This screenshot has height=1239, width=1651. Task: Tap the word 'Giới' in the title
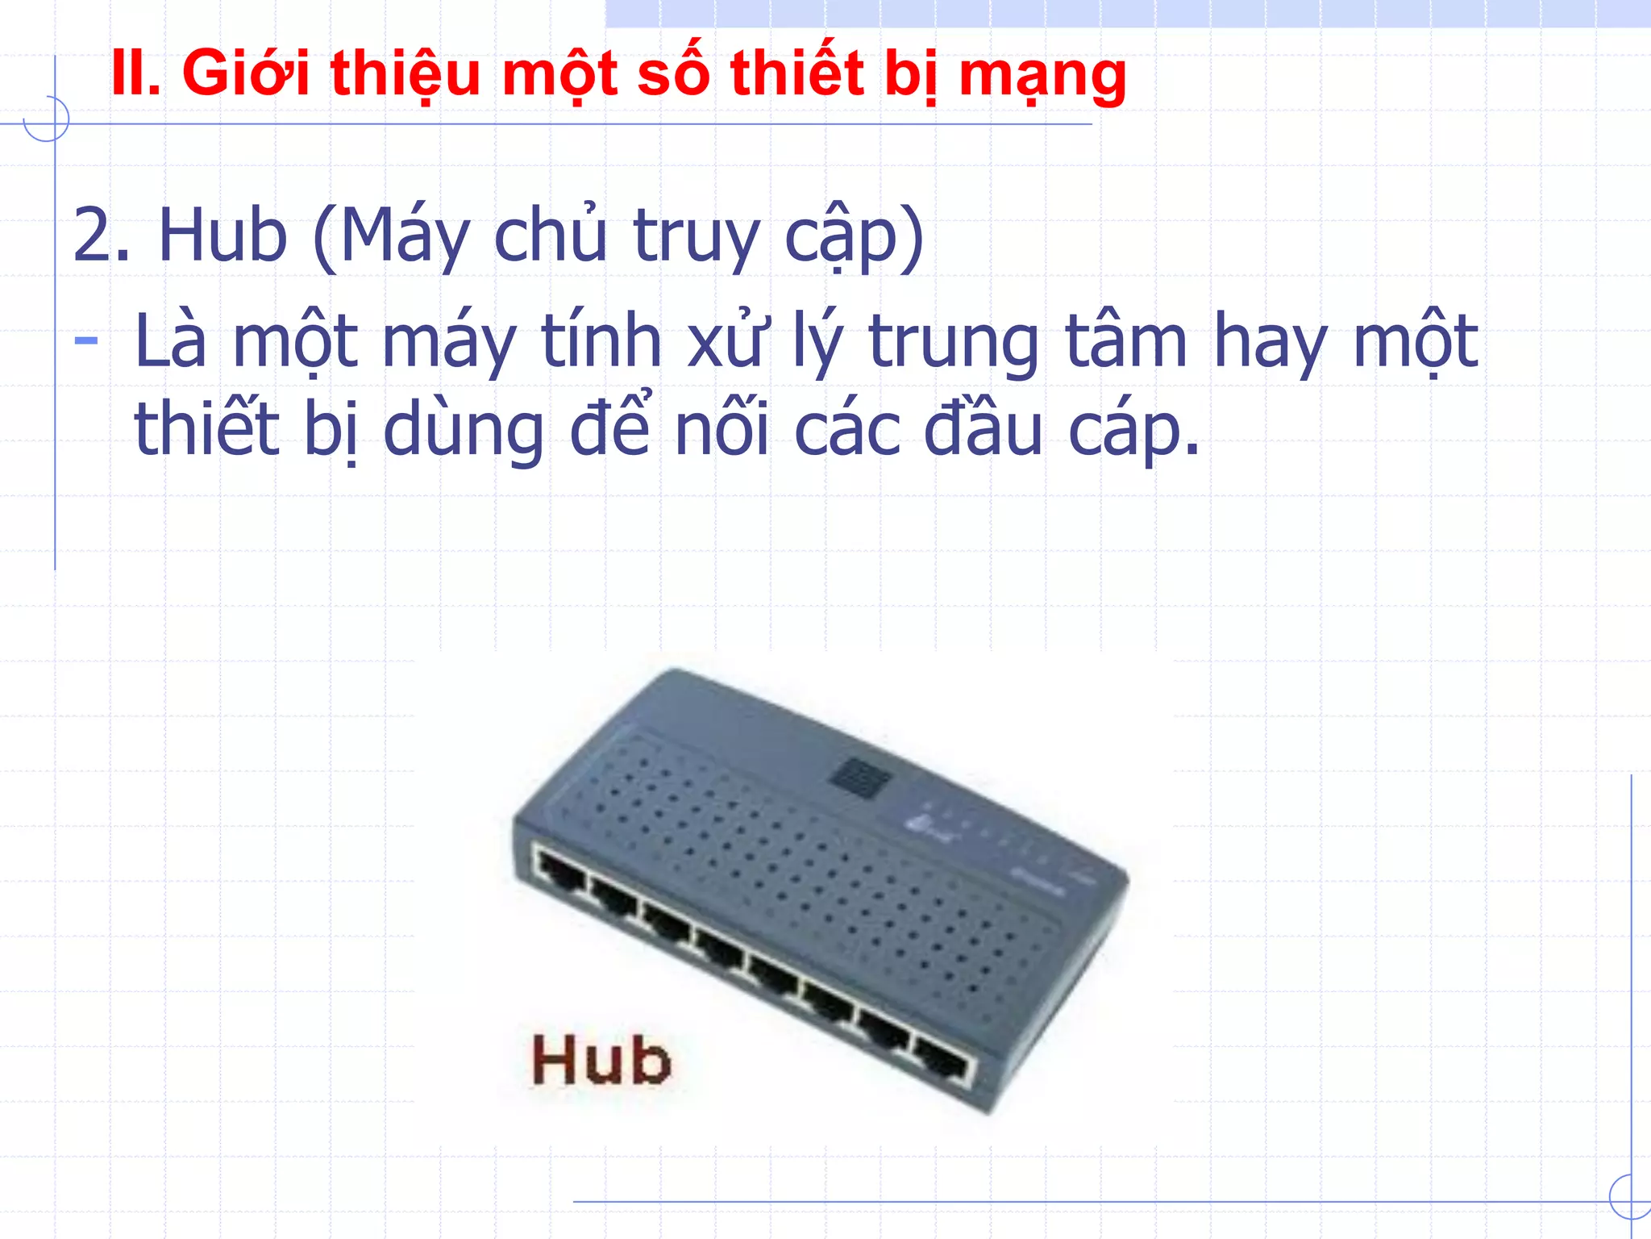pos(246,74)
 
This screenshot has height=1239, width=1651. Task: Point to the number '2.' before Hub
pos(102,236)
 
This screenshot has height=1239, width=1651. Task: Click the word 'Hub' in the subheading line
pos(222,236)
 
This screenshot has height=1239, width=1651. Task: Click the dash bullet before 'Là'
pos(85,340)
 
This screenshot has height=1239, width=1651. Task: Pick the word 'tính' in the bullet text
pos(601,340)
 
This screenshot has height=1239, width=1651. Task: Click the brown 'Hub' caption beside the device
pos(601,1060)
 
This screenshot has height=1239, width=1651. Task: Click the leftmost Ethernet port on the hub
pos(561,871)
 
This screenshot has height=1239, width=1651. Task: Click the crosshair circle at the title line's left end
pos(47,119)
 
